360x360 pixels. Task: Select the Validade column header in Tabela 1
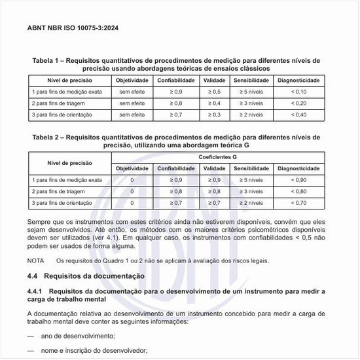[x=215, y=80]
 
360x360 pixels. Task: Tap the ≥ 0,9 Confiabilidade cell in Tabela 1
[x=176, y=92]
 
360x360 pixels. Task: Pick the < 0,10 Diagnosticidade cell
[x=298, y=92]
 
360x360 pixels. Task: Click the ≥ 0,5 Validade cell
[x=214, y=92]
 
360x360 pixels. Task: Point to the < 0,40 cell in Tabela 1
[x=298, y=115]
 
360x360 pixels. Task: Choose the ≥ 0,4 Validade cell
[x=214, y=103]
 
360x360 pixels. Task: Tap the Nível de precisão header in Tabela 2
[x=67, y=163]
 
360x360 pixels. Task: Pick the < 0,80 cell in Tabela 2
[x=298, y=192]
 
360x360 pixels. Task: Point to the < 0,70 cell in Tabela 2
[x=298, y=204]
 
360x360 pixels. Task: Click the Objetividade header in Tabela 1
[x=132, y=80]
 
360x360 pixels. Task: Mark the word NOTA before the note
[x=36, y=260]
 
